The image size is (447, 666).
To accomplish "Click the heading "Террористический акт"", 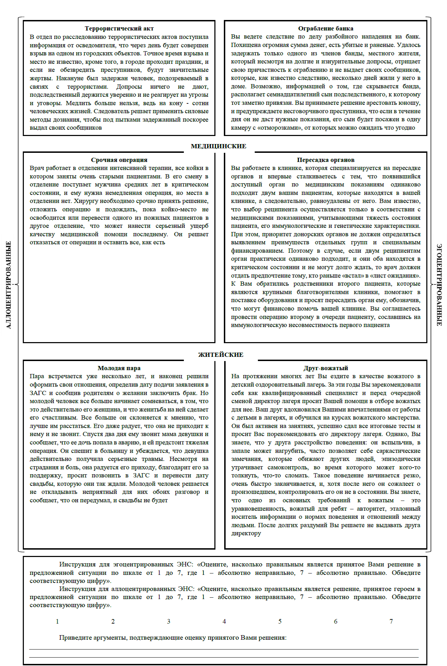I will (x=119, y=29).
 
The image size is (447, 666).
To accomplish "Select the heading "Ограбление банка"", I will (x=325, y=29).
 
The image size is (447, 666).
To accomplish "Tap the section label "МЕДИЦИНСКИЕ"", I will (x=219, y=147).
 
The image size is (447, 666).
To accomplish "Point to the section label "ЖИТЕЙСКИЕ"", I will (x=221, y=355).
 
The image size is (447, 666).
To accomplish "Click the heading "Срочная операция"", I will (x=119, y=160).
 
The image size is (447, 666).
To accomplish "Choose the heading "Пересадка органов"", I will (x=325, y=160).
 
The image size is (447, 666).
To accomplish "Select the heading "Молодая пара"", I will (x=119, y=368).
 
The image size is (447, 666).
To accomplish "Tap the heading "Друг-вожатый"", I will (x=325, y=368).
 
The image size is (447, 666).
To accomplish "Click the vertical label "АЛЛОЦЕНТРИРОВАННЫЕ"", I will (x=9, y=285).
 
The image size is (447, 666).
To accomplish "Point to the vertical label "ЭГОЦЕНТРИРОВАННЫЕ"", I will (x=439, y=285).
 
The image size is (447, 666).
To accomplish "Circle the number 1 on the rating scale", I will (x=57, y=621).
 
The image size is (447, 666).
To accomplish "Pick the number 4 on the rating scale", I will (x=224, y=621).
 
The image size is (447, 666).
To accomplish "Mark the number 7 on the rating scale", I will (x=391, y=621).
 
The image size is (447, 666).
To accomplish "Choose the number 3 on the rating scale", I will (x=169, y=621).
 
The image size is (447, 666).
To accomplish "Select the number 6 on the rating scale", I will (x=336, y=621).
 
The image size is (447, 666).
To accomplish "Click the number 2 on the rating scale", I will (x=113, y=621).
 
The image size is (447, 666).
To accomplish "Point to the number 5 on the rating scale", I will (x=280, y=621).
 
